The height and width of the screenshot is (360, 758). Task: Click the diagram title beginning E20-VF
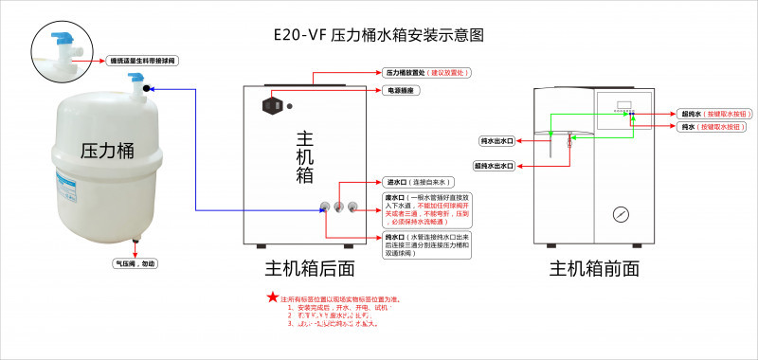click(x=377, y=35)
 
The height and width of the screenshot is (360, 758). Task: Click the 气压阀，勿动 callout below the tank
click(x=135, y=263)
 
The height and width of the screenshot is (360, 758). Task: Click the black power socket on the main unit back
click(x=272, y=105)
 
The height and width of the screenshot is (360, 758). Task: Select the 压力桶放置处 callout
click(x=427, y=72)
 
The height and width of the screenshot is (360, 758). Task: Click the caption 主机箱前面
click(x=595, y=269)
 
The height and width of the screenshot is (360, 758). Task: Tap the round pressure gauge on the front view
click(x=620, y=214)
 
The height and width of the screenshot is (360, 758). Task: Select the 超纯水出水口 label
click(x=495, y=165)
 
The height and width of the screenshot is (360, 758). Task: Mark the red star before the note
click(x=273, y=297)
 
